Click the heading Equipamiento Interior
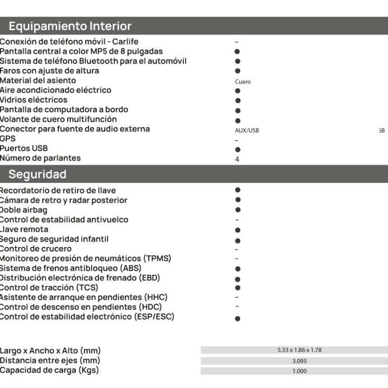tap(70, 26)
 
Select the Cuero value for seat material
tap(242, 82)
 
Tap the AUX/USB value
tap(247, 131)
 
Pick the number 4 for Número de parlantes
tap(237, 159)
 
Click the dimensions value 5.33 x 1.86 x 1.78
tap(299, 350)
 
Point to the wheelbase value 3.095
tap(299, 361)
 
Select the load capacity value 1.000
tap(299, 371)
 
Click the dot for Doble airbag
tap(238, 210)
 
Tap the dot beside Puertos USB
tap(238, 150)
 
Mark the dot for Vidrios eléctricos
tap(238, 100)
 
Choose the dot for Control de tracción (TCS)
tap(238, 288)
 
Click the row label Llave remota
tap(24, 229)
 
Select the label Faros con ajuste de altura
tap(49, 71)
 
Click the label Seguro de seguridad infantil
tap(54, 239)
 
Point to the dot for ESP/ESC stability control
tap(238, 319)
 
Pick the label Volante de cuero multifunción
tap(58, 119)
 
